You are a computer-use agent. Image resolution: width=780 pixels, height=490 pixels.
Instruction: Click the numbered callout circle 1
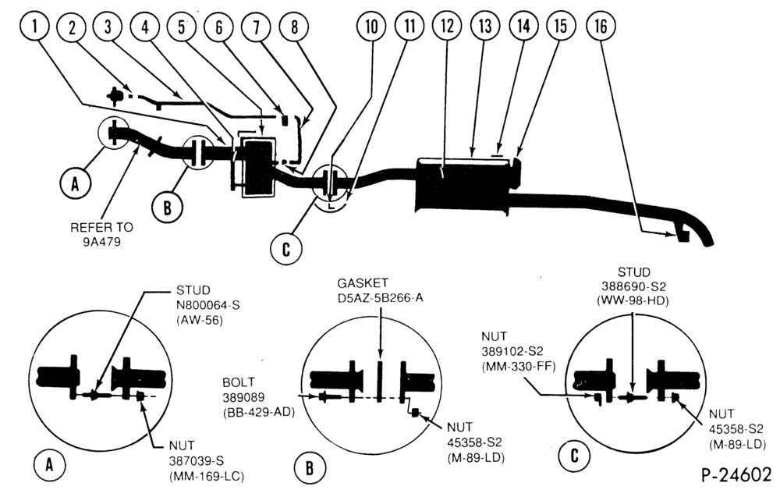[x=35, y=26]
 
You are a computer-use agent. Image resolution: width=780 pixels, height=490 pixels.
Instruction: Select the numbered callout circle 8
[x=295, y=27]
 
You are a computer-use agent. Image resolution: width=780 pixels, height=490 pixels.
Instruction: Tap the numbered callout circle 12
[x=447, y=26]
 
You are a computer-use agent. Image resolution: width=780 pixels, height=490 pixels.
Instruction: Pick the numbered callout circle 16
[x=601, y=26]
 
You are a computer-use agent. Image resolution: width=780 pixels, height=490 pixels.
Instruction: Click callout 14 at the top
[x=523, y=26]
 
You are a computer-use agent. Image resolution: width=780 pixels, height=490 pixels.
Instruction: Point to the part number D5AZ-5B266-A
[x=380, y=297]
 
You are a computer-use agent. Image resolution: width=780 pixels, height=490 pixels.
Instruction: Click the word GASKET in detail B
[x=363, y=283]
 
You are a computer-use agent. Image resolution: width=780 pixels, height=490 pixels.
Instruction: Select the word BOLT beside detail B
[x=238, y=382]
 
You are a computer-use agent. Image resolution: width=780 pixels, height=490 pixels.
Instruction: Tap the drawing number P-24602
[x=736, y=474]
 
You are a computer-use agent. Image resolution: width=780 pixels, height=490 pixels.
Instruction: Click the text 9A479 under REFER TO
[x=102, y=242]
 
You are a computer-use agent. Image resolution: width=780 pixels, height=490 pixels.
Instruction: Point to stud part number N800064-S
[x=208, y=304]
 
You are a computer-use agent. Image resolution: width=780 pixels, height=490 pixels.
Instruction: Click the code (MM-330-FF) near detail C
[x=519, y=367]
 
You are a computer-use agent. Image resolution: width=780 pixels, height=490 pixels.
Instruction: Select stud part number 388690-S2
[x=633, y=286]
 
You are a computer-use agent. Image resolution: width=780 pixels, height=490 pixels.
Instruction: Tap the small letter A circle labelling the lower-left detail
[x=49, y=465]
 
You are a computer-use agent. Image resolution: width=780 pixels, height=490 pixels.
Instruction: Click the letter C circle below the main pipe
[x=286, y=248]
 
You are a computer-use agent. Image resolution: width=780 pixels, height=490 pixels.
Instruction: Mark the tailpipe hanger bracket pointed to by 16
[x=683, y=235]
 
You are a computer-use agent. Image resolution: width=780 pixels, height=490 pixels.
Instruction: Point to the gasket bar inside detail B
[x=379, y=381]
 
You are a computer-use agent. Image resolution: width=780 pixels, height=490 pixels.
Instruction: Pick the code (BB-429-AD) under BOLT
[x=259, y=412]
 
